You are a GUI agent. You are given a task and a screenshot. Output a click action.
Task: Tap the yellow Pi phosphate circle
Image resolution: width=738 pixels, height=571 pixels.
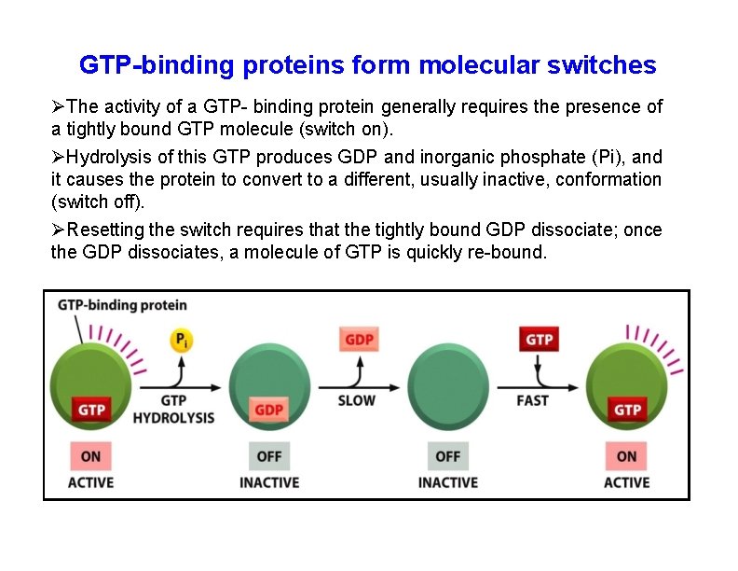click(x=181, y=341)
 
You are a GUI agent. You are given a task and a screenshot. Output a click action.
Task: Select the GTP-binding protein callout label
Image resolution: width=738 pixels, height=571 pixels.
click(x=122, y=305)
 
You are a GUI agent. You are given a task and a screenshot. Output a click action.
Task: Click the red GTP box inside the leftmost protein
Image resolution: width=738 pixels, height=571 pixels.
click(x=90, y=410)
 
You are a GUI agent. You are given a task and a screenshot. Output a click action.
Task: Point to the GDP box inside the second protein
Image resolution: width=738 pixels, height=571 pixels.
click(x=268, y=410)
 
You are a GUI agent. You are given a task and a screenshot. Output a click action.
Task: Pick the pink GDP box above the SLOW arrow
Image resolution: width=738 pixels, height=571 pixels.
click(x=360, y=340)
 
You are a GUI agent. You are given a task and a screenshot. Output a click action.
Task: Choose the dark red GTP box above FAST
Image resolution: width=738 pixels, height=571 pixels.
click(x=539, y=340)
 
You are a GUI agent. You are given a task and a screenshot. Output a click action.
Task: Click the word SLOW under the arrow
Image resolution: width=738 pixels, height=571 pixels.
click(x=356, y=400)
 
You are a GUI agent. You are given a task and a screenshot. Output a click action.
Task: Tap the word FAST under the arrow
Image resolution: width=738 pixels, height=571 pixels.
click(x=532, y=400)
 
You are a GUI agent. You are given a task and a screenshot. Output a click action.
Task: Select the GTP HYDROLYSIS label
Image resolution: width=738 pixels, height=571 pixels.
click(x=173, y=409)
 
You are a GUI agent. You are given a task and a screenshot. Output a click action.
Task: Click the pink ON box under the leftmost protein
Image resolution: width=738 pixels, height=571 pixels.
click(x=90, y=456)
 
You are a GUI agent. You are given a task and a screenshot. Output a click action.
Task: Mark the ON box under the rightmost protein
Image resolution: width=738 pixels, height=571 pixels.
click(x=626, y=456)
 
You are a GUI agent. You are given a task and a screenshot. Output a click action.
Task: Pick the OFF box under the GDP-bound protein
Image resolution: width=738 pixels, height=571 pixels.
click(x=268, y=456)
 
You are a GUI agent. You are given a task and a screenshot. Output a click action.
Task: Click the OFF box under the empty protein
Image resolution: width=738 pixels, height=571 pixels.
click(x=447, y=456)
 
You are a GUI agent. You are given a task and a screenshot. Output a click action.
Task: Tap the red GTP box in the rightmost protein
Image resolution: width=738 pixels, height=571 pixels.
click(x=626, y=410)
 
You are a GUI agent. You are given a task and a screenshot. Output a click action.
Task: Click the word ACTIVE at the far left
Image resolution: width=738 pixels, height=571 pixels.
click(x=90, y=482)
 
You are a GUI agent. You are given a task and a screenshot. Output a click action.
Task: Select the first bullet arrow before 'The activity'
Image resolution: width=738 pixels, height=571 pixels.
click(x=58, y=107)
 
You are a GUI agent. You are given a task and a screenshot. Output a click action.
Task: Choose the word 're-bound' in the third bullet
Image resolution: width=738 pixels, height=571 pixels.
click(x=512, y=253)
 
